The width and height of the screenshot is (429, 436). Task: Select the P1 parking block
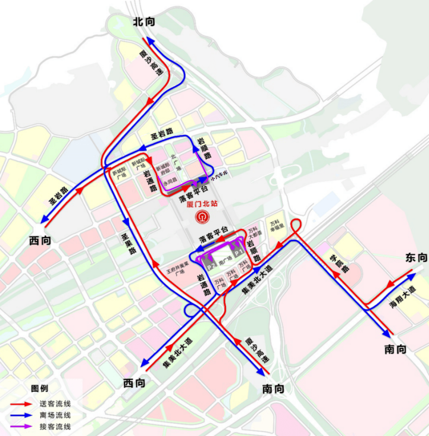[x=238, y=252]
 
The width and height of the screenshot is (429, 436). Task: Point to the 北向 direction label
[x=144, y=22]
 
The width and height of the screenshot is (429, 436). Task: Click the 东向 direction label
[x=416, y=258]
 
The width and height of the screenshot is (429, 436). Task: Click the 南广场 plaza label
[x=226, y=259]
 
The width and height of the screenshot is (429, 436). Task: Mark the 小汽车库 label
[x=219, y=175]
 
